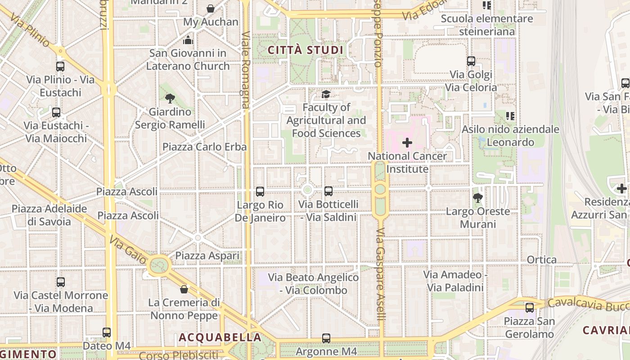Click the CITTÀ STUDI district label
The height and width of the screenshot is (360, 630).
click(x=306, y=50)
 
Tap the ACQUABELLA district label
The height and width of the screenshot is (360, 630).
click(x=220, y=337)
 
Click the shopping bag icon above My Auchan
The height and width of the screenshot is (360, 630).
click(x=210, y=9)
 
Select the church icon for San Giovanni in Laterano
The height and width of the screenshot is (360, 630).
click(x=188, y=40)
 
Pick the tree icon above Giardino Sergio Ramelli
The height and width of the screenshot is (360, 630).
click(x=170, y=98)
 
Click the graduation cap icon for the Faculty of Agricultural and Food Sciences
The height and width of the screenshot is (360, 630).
click(x=326, y=94)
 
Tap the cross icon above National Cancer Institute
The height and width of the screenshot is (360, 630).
click(x=407, y=143)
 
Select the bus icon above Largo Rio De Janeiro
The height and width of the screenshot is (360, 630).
click(x=260, y=192)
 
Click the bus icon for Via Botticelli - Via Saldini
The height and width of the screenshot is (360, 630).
click(x=328, y=191)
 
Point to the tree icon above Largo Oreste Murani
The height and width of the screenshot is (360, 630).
click(x=478, y=198)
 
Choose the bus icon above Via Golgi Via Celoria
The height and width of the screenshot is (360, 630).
click(x=471, y=61)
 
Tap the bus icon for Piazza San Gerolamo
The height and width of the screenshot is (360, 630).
click(x=530, y=308)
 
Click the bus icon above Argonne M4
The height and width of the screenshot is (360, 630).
click(x=326, y=338)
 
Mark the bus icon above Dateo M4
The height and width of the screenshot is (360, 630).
click(x=107, y=333)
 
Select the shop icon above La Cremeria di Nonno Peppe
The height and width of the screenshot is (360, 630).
click(x=184, y=289)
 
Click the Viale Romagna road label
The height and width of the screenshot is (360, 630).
click(x=246, y=70)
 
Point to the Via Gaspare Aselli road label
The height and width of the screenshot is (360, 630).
click(x=381, y=274)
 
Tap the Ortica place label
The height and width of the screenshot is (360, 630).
click(x=542, y=260)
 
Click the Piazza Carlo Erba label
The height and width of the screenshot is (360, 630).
click(x=204, y=147)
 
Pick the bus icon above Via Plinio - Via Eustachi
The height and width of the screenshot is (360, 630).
click(x=60, y=67)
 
